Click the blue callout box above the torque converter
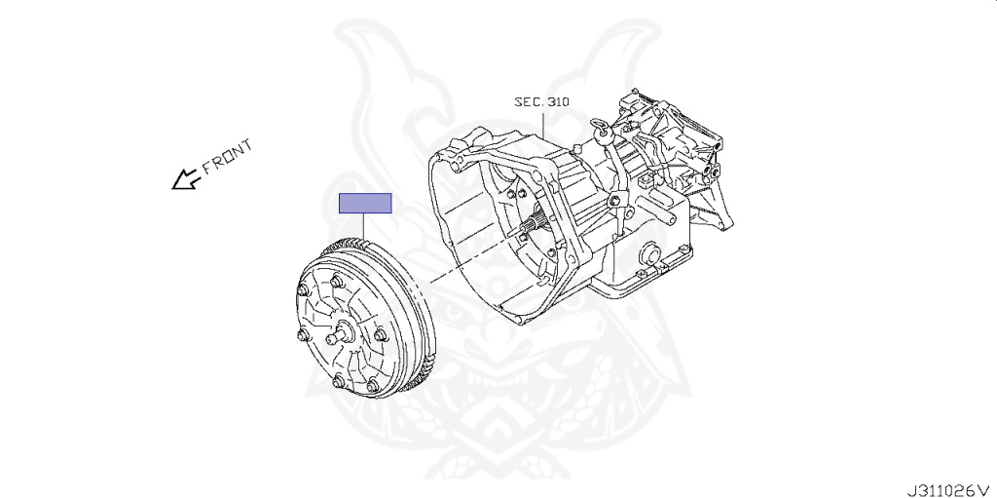365,203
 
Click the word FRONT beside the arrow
227,157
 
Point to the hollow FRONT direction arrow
186,179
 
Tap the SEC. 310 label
541,102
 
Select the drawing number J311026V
948,490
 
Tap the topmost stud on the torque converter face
337,281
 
